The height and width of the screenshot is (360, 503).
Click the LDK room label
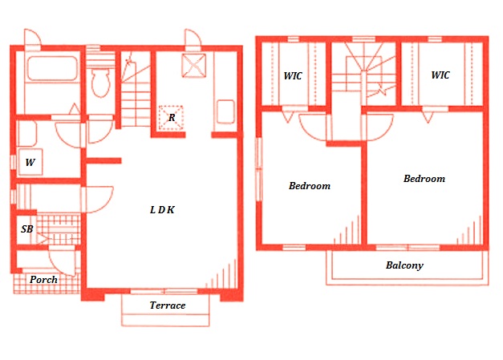[x=162, y=209]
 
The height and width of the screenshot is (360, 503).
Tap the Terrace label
[x=168, y=305]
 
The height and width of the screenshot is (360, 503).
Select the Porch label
[x=43, y=280]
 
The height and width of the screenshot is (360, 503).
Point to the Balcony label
[x=404, y=265]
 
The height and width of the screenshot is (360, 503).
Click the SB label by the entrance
[x=27, y=229]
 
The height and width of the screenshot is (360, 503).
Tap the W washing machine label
[x=30, y=162]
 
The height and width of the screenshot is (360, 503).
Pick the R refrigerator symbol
[x=172, y=118]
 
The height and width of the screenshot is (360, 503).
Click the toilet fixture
[x=100, y=83]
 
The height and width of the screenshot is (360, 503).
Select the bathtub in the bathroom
[x=52, y=68]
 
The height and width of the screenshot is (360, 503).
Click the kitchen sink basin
[x=225, y=111]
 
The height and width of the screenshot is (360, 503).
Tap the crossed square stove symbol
[x=194, y=66]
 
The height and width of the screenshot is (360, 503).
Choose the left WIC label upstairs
[x=293, y=76]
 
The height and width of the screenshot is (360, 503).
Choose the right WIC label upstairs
[x=440, y=75]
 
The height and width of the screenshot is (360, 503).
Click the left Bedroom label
[x=310, y=186]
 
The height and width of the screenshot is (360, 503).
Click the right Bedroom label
[x=424, y=179]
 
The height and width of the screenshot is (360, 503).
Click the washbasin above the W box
[x=27, y=133]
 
